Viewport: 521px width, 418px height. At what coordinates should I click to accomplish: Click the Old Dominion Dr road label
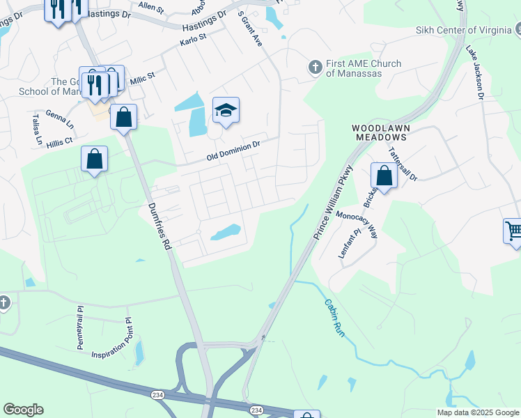[x=233, y=152]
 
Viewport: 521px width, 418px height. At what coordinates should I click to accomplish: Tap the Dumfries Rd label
[x=160, y=227]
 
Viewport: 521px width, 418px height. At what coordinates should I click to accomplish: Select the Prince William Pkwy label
[x=334, y=203]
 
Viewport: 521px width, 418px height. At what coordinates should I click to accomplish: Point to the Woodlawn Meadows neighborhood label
[x=380, y=133]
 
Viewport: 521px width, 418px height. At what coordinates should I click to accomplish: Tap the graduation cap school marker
[x=226, y=110]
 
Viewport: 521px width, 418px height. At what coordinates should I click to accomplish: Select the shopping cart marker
[x=513, y=231]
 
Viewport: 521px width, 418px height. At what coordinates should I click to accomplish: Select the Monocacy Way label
[x=357, y=224]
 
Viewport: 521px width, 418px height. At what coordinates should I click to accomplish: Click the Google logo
[x=23, y=410]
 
